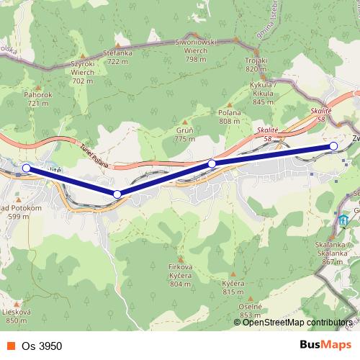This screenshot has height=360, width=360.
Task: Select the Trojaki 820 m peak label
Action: click(256, 65)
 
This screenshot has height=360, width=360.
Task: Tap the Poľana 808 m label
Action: click(229, 117)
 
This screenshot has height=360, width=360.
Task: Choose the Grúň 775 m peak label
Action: click(185, 135)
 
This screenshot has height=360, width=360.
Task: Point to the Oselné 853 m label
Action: click(250, 310)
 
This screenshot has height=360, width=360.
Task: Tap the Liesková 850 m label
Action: click(17, 316)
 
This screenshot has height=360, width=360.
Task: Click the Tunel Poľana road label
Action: click(94, 153)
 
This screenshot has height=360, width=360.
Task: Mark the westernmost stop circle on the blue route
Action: click(27, 168)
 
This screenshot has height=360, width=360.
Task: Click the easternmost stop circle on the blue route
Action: click(333, 146)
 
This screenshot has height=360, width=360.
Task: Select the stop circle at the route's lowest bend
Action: click(117, 194)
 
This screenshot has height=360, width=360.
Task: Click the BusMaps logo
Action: click(325, 345)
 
